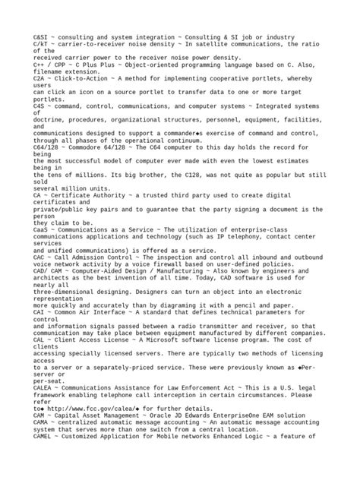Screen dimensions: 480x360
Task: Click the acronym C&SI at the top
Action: tap(42, 36)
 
